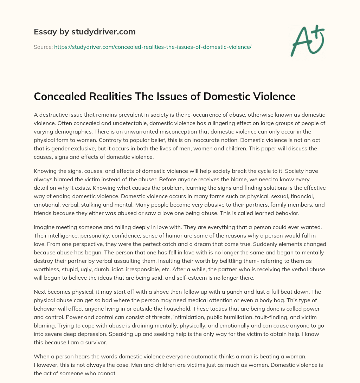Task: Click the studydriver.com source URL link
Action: point(153,47)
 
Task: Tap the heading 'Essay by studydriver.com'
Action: point(85,32)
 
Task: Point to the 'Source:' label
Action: point(43,47)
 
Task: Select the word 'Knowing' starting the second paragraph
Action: point(45,171)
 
